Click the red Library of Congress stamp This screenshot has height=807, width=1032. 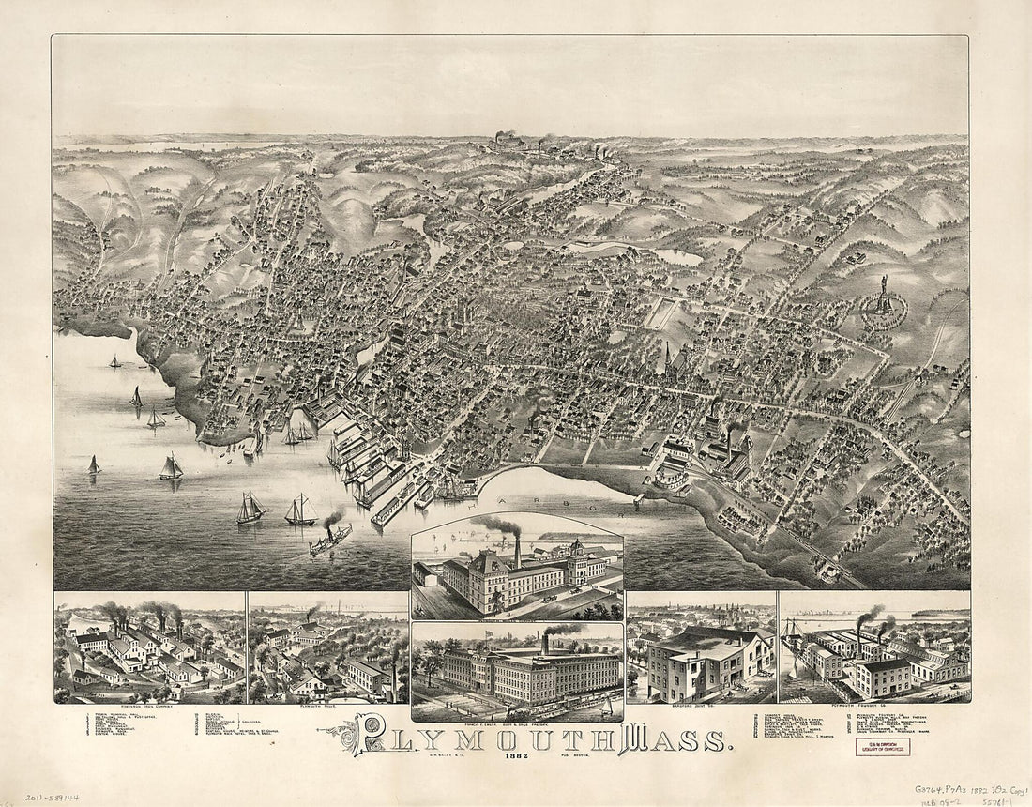click(x=882, y=746)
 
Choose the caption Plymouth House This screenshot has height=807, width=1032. click(x=326, y=708)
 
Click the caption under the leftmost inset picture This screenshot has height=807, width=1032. click(x=150, y=708)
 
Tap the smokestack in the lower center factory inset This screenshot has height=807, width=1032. click(x=543, y=644)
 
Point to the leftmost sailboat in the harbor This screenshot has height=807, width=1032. click(x=94, y=465)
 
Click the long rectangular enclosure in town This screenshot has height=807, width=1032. click(x=663, y=313)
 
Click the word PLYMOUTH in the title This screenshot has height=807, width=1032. click(x=488, y=738)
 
